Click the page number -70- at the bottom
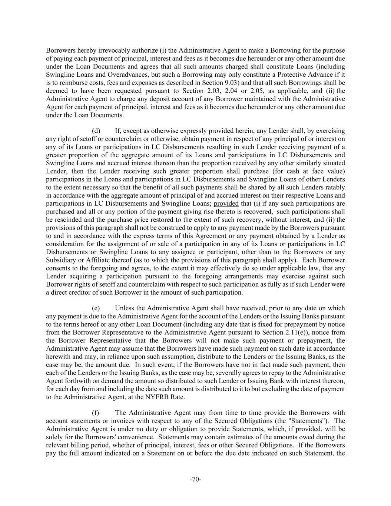(x=195, y=479)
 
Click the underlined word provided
(x=226, y=204)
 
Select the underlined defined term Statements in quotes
(x=306, y=421)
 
